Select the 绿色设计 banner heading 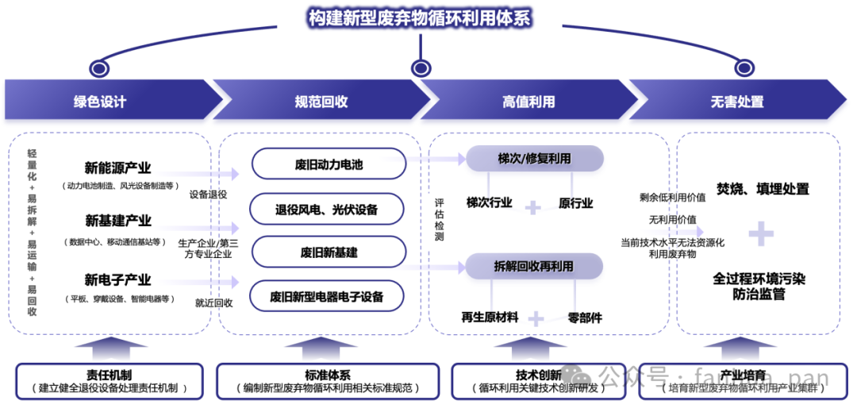pos(100,102)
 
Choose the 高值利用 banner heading pos(528,102)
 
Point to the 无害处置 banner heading pos(737,102)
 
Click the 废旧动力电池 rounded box pos(328,164)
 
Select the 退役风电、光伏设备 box pos(328,210)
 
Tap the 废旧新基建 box pos(328,252)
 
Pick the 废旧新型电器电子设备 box pos(328,296)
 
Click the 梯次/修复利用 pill pos(534,159)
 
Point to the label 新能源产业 pos(118,168)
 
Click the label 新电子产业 pos(118,280)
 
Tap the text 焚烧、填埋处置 pos(763,189)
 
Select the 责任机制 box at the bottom pos(109,381)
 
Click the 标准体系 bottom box pos(328,381)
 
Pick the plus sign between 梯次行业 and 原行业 pos(533,207)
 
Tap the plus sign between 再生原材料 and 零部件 pos(536,318)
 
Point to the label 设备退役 pos(209,194)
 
